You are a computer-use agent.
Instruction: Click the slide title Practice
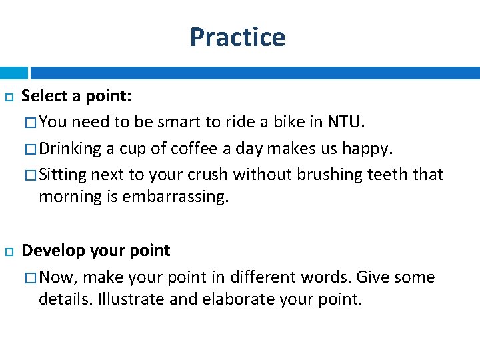coord(237,37)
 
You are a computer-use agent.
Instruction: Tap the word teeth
coord(390,175)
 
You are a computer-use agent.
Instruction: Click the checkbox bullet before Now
coord(31,277)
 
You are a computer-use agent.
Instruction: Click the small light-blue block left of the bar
coord(13,73)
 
